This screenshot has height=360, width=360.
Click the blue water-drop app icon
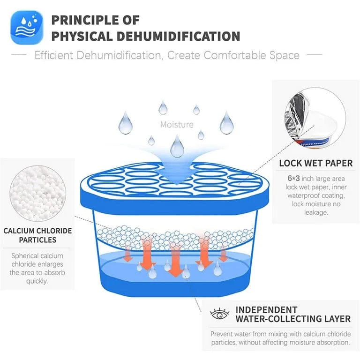coord(27,28)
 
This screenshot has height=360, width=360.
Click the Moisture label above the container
coord(177,124)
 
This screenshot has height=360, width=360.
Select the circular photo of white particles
coord(37,193)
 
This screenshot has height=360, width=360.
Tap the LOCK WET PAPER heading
coord(315,163)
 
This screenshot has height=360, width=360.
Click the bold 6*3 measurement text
coord(293,179)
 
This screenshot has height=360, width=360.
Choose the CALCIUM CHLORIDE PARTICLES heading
coord(37,235)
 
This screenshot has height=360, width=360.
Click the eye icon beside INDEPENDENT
coord(219,314)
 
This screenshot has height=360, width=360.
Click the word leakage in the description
coord(315,212)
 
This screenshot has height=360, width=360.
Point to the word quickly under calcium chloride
coord(37,281)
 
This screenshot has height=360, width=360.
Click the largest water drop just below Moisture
coord(177,146)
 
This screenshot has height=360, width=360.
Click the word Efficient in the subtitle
coord(54,55)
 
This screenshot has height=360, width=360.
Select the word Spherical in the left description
coord(26,256)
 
